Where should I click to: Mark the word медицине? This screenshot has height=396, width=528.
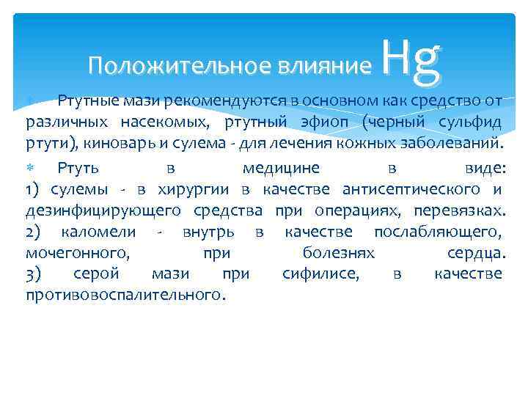281,167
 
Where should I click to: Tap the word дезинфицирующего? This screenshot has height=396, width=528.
103,211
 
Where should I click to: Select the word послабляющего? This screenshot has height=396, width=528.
438,232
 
